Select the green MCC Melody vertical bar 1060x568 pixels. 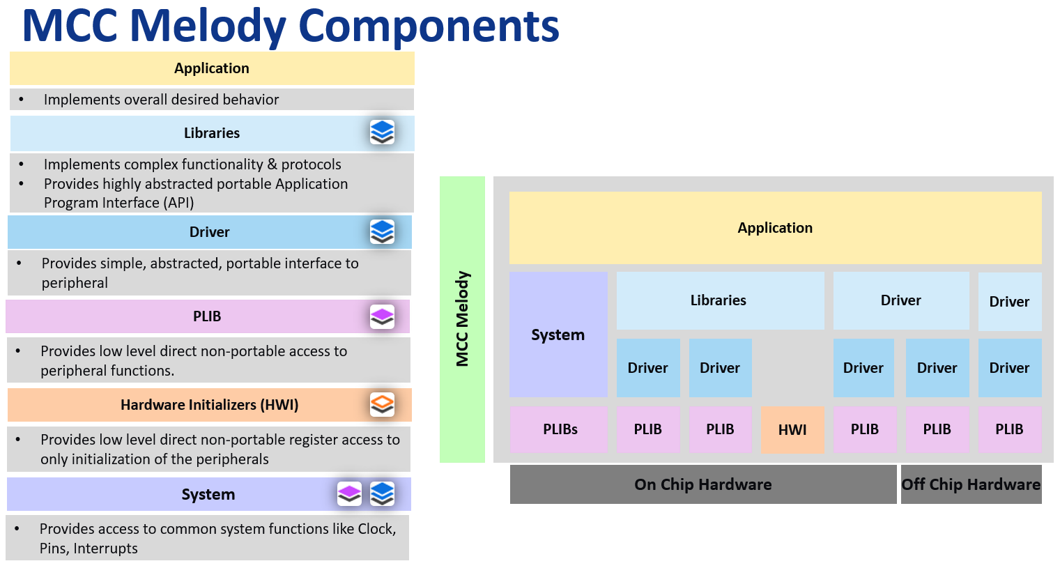tap(462, 319)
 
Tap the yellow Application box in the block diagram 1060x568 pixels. tap(775, 228)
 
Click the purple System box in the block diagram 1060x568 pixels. tap(558, 335)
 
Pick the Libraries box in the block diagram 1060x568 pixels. tap(719, 300)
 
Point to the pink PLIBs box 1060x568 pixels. tap(559, 429)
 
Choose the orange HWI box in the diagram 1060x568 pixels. tap(792, 430)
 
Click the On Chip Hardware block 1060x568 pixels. tap(702, 484)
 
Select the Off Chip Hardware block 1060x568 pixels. tap(971, 484)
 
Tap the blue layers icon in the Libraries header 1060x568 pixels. tap(382, 132)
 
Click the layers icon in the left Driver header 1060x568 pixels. tap(382, 231)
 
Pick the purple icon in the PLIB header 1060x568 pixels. tap(382, 316)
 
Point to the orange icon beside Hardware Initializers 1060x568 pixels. tap(382, 404)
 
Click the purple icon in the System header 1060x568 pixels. tap(349, 493)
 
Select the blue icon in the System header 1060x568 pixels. tap(382, 493)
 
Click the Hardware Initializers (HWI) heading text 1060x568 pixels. tap(209, 405)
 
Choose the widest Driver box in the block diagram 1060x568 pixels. tap(900, 300)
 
